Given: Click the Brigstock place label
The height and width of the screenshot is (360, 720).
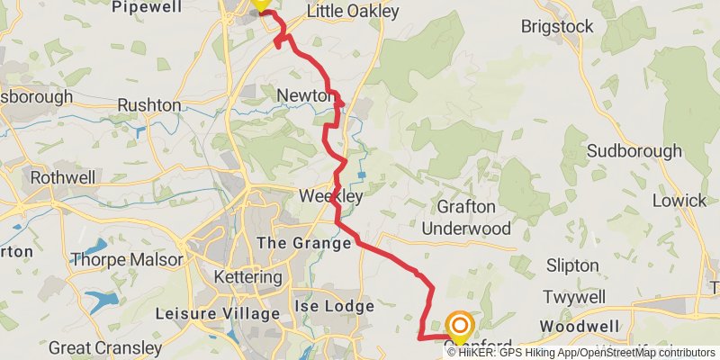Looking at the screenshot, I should tap(557, 26).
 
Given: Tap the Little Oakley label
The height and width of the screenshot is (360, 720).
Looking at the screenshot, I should tap(349, 12).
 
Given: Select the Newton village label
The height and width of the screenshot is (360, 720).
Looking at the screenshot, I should tap(306, 94).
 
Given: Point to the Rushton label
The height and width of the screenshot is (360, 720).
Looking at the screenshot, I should tap(149, 105).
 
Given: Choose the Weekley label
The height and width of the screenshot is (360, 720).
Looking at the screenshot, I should tap(330, 195).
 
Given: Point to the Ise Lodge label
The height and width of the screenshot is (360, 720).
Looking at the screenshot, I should tap(334, 307).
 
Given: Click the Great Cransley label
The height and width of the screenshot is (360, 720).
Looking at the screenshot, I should tap(105, 346).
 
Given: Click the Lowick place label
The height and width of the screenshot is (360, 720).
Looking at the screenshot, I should tap(679, 200).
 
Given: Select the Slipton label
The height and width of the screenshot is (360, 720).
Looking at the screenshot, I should tap(572, 265).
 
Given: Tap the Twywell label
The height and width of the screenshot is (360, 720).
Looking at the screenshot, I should tap(578, 297).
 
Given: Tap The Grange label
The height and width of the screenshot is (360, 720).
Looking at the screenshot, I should tap(303, 243).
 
